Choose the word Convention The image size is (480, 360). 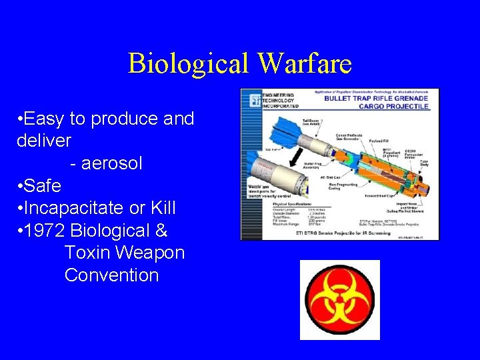(111, 275)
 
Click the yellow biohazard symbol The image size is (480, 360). (339, 299)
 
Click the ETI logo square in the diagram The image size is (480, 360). (255, 101)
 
